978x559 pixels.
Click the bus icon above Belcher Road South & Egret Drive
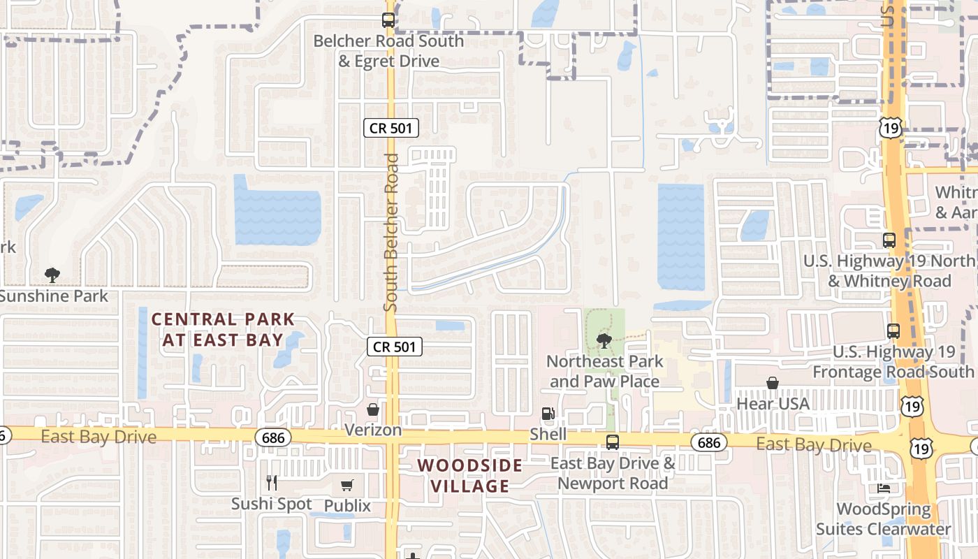point(388,20)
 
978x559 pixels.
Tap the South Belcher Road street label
point(391,233)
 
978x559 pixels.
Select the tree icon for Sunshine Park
point(52,275)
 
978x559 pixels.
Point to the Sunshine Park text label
point(54,296)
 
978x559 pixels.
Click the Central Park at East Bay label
point(224,330)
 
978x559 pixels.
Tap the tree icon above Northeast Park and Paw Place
point(604,341)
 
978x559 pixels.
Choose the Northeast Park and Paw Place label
point(604,372)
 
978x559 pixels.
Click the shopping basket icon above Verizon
point(373,409)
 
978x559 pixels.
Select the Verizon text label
point(373,430)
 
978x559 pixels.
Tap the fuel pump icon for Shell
point(548,414)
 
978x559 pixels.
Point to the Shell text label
point(548,435)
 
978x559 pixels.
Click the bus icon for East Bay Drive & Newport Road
point(612,442)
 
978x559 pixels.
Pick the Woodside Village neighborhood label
point(470,475)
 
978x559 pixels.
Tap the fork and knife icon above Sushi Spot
point(272,482)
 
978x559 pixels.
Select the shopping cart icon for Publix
point(347,485)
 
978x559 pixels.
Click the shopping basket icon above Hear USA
point(773,383)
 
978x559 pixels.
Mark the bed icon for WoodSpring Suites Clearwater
point(884,488)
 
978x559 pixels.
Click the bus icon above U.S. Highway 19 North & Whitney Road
point(889,240)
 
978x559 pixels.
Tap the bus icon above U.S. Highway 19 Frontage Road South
point(893,331)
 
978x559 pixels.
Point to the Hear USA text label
point(773,404)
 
